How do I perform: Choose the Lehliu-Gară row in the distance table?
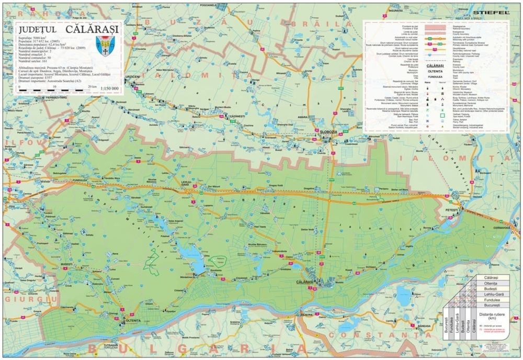point(488,294)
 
